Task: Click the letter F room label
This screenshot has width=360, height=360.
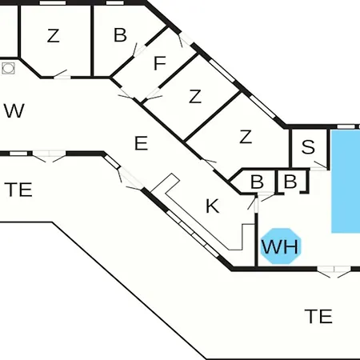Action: [160, 63]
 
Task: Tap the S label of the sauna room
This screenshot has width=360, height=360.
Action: [308, 146]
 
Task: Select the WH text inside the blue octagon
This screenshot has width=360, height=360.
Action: [280, 246]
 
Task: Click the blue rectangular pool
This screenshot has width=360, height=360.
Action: [346, 181]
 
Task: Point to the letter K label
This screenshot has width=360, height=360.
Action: [213, 206]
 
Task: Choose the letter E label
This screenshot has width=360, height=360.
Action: [141, 143]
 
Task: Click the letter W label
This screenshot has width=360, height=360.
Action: [14, 110]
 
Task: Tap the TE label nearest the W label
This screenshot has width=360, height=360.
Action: [18, 190]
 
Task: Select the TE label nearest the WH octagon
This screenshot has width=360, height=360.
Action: [318, 316]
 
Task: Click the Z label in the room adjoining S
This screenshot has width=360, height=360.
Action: [246, 137]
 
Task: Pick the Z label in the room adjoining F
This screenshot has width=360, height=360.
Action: [195, 97]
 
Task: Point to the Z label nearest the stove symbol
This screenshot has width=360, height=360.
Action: [53, 36]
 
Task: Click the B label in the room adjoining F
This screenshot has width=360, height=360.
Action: [120, 35]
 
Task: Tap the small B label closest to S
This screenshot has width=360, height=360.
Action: [290, 182]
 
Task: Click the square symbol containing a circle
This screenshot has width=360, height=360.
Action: [8, 68]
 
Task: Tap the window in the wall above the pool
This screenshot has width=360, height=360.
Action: [346, 126]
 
